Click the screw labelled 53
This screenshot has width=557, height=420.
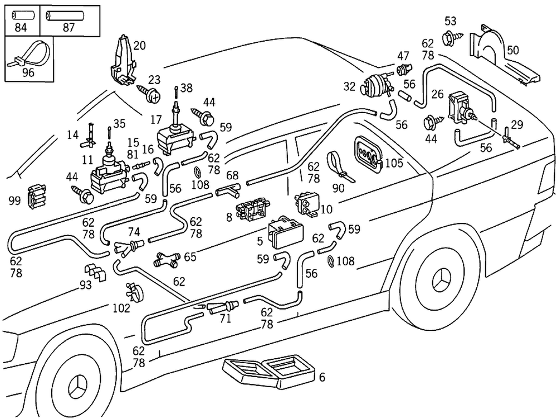[x=449, y=38]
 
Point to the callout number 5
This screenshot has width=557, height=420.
[x=260, y=242]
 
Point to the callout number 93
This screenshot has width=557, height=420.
[x=85, y=285]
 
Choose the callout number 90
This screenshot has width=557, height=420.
[x=338, y=188]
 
